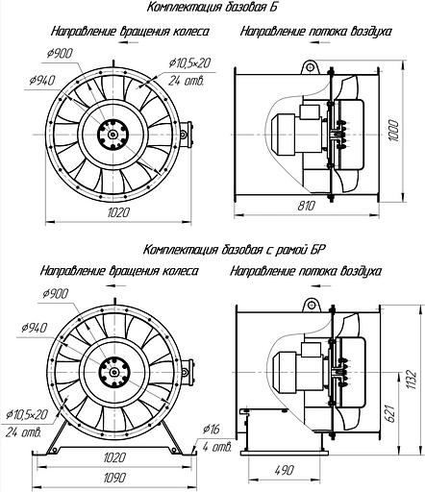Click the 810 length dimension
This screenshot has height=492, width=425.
point(307,206)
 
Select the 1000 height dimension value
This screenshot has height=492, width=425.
point(393,132)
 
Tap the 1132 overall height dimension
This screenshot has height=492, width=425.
point(412,381)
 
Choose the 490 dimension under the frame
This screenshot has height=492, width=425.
point(284,470)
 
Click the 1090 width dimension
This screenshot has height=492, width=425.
point(115,478)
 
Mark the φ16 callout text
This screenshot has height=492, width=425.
point(212,430)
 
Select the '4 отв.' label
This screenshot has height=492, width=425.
point(217,447)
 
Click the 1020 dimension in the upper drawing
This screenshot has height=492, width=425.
point(118,212)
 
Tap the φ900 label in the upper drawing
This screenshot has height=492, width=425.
point(60,54)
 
